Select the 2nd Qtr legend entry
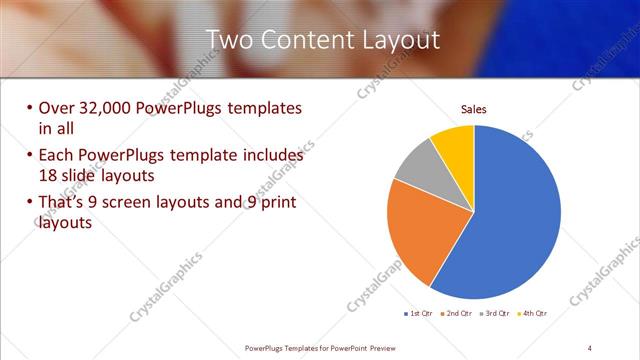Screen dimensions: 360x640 click(x=459, y=313)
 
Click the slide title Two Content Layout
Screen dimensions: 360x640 click(x=323, y=40)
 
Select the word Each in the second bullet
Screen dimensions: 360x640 click(x=55, y=156)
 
